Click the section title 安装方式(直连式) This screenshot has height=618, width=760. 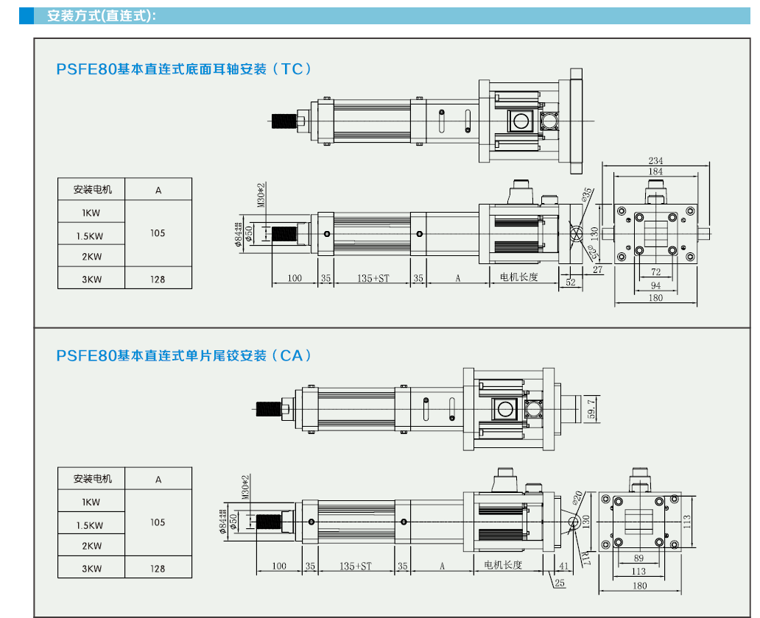click(102, 15)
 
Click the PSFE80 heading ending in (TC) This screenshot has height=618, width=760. click(184, 69)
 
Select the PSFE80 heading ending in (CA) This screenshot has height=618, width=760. click(184, 355)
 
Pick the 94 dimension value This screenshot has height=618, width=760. click(655, 285)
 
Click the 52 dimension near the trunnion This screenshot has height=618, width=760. click(571, 283)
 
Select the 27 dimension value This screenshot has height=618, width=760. click(597, 270)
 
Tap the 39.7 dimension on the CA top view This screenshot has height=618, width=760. click(592, 407)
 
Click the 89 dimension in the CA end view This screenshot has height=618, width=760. click(638, 558)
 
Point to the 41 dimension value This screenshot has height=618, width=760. click(564, 566)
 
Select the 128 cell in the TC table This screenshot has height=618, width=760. click(158, 280)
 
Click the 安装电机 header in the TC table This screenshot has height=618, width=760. click(92, 190)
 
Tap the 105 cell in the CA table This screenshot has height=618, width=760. click(158, 522)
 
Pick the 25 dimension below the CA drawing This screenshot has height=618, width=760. click(560, 583)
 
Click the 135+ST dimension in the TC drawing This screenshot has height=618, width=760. click(373, 278)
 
